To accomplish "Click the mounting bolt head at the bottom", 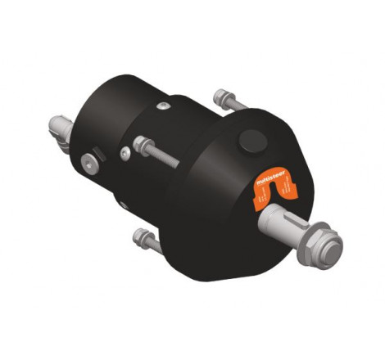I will pyautogui.click(x=138, y=238).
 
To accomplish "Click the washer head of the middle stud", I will pyautogui.click(x=139, y=142).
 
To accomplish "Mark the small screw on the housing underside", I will pyautogui.click(x=122, y=205).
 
